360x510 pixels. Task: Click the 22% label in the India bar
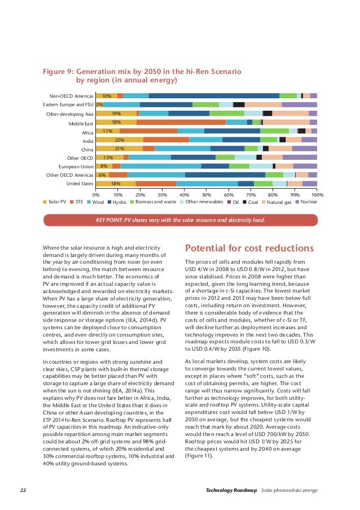pyautogui.click(x=119, y=140)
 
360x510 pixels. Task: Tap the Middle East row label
pyautogui.click(x=81, y=123)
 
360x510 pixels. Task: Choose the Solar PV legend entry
pyautogui.click(x=55, y=202)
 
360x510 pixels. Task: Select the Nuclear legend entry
pyautogui.click(x=305, y=202)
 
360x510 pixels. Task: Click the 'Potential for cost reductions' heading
pyautogui.click(x=249, y=249)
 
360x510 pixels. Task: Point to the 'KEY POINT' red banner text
pyautogui.click(x=180, y=220)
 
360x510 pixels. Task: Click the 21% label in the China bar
pyautogui.click(x=119, y=149)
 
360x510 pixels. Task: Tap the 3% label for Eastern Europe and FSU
pyautogui.click(x=99, y=105)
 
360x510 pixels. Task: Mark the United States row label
pyautogui.click(x=80, y=184)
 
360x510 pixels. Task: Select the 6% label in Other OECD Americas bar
pyautogui.click(x=102, y=175)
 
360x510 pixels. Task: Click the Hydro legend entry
pyautogui.click(x=116, y=202)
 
